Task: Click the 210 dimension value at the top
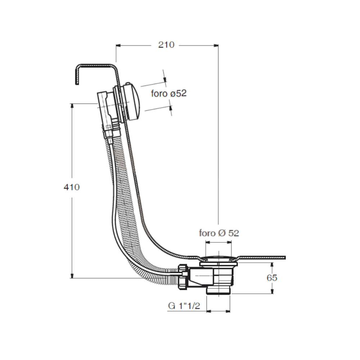tap(166, 45)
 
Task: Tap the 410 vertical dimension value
tap(71, 187)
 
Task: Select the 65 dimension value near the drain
tap(272, 278)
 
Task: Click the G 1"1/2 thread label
tap(184, 306)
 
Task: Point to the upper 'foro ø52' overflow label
tap(168, 94)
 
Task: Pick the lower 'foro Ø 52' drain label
tap(219, 233)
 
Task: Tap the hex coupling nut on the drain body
tap(183, 275)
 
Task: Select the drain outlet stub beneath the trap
tap(218, 291)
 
